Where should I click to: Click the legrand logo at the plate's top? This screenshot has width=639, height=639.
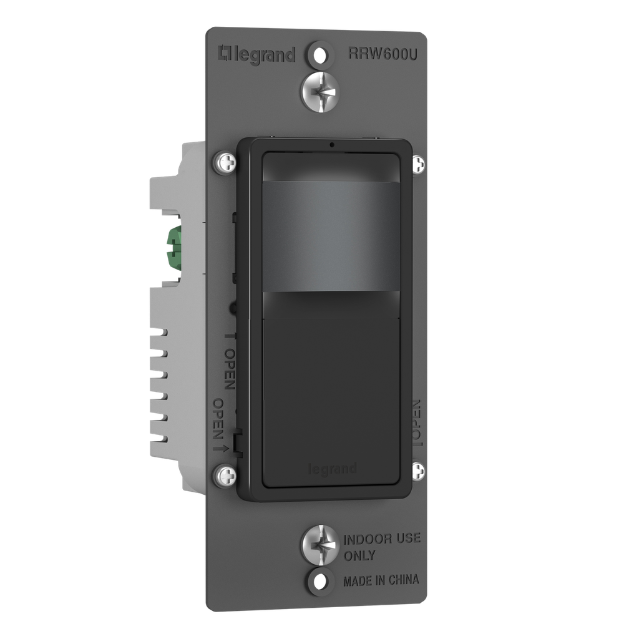(257, 54)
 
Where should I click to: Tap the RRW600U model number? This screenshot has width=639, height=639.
(383, 54)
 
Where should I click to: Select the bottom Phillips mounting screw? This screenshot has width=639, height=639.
(320, 544)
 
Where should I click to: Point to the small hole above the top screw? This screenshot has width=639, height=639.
(320, 54)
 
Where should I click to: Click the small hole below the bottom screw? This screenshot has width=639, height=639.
(320, 580)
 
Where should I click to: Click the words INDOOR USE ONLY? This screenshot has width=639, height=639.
(381, 547)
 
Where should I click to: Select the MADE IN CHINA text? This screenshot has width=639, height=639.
(381, 580)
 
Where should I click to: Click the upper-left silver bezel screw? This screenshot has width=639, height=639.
(225, 163)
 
